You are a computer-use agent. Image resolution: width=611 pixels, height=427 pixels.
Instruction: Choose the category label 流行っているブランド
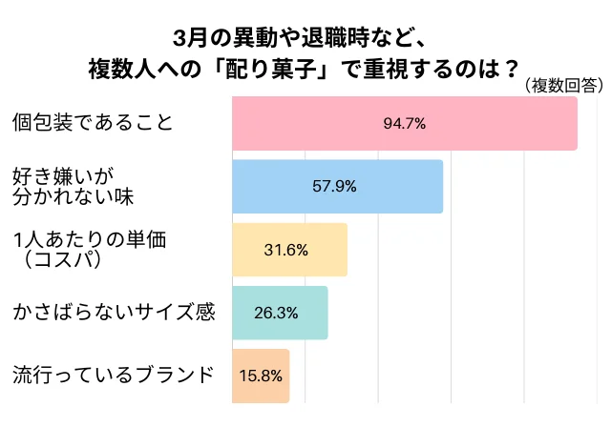(x=113, y=376)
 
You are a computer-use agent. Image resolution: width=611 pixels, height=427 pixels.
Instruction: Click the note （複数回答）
(x=563, y=86)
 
